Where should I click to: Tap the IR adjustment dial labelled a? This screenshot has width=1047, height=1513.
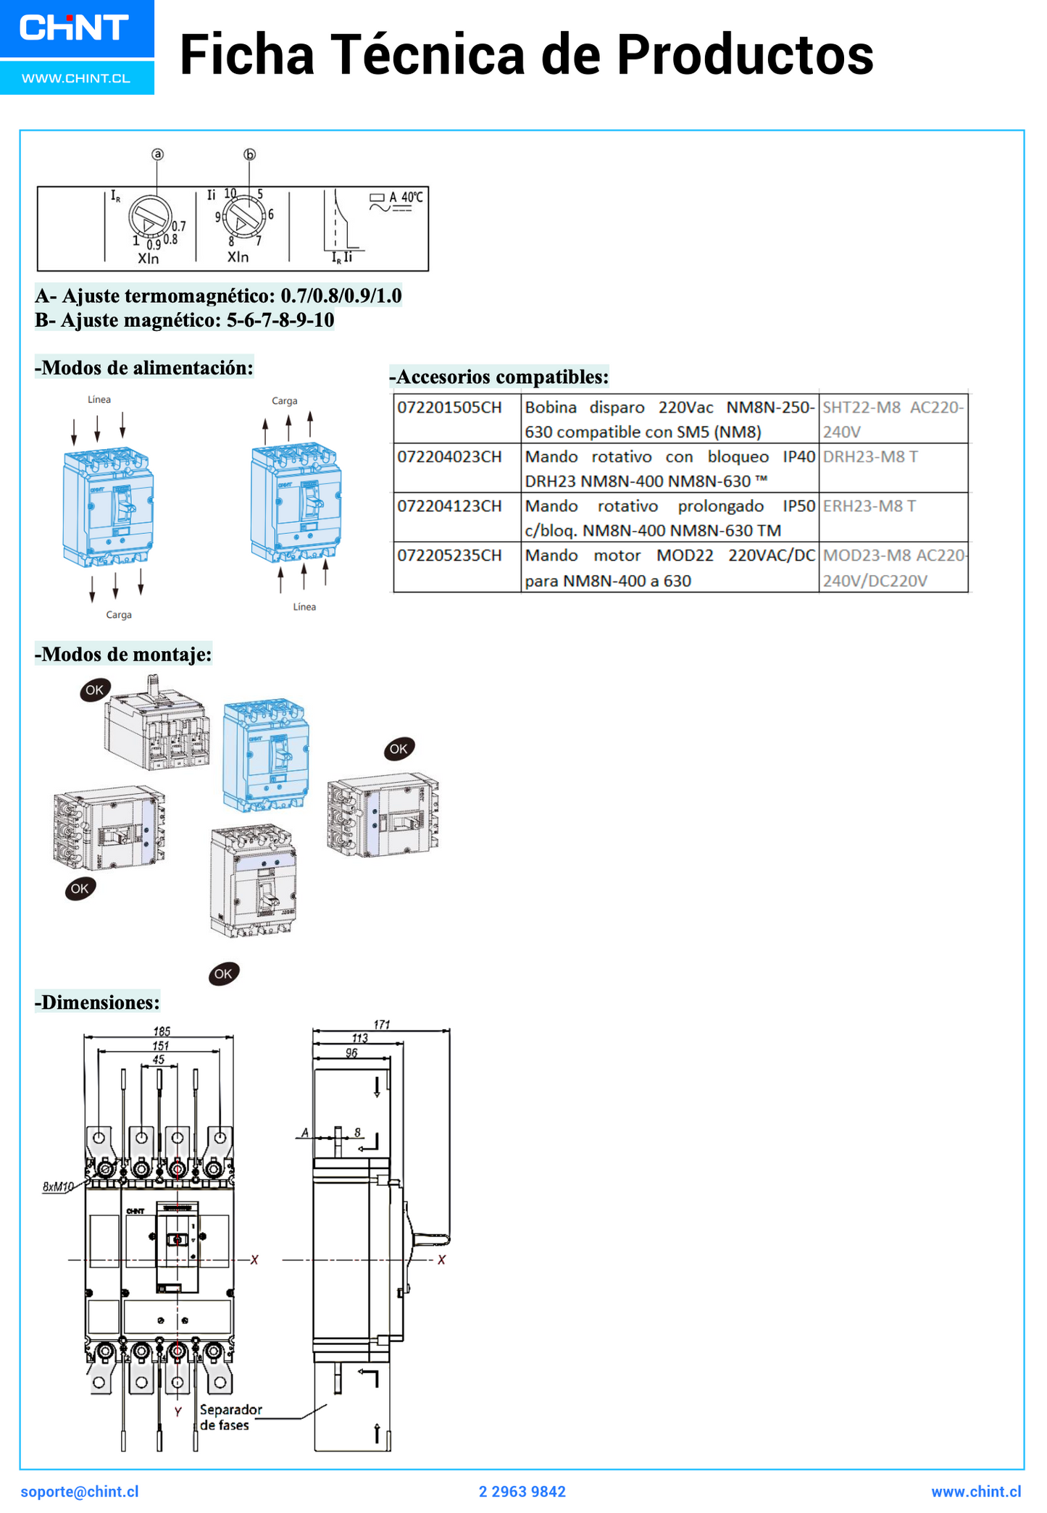[150, 218]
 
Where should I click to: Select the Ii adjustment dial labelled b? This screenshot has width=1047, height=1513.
[242, 215]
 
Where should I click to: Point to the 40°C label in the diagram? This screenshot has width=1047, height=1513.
[412, 197]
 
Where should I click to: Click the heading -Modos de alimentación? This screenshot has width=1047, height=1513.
[144, 368]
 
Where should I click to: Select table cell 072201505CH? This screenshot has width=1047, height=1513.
[449, 408]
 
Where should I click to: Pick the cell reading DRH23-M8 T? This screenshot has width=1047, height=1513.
[870, 457]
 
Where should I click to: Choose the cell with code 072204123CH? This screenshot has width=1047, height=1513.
[449, 506]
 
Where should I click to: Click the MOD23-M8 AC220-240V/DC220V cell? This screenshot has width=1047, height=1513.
[893, 568]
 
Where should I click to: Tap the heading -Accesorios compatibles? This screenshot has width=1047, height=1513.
[499, 377]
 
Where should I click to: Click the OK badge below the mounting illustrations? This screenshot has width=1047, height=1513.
[223, 974]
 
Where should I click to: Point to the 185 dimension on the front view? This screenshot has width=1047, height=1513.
[162, 1031]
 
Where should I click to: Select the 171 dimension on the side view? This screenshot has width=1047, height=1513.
[382, 1024]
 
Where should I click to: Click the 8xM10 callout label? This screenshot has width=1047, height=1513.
[58, 1186]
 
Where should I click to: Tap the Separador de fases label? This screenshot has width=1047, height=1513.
[230, 1417]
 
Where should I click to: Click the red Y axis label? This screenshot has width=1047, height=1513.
[178, 1412]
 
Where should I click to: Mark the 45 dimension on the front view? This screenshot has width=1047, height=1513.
[159, 1060]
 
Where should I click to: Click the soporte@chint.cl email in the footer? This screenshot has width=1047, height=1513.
[80, 1492]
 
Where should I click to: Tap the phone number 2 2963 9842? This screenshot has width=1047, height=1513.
[522, 1492]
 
